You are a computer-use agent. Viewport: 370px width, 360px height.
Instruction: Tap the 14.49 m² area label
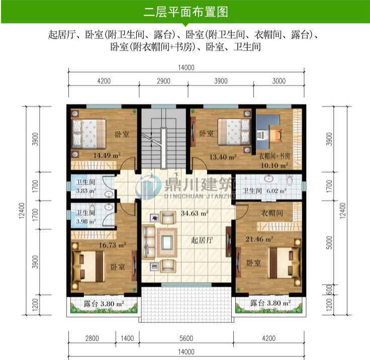pos(106,156)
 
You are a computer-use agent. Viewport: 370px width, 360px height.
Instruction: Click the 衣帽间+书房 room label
pos(274,156)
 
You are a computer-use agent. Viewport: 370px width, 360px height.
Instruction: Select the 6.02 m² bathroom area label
pos(276,191)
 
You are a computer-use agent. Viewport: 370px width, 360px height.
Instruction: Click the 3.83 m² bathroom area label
pos(86,191)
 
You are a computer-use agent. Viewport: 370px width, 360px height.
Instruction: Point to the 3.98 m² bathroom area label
pos(86,223)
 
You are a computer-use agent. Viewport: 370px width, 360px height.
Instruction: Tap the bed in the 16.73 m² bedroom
pos(89,264)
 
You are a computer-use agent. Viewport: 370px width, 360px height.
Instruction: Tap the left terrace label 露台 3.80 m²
pos(104,304)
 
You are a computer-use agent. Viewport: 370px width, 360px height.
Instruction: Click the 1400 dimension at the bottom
pos(127,338)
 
